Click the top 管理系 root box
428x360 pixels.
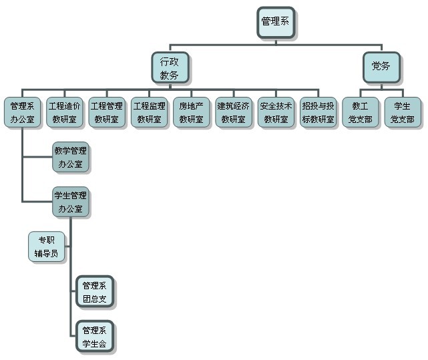tap(276, 22)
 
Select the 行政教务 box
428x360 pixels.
tap(170, 68)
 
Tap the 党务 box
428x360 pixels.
tap(381, 66)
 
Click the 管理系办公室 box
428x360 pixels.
tap(23, 113)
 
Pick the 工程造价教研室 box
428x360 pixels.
tap(65, 113)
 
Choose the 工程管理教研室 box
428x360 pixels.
tap(107, 113)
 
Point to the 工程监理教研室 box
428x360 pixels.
tap(149, 113)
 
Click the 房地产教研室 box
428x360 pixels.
tap(192, 113)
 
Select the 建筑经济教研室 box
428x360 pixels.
tap(234, 113)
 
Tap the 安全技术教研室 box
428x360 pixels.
tap(276, 113)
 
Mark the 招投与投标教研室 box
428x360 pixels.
tap(318, 113)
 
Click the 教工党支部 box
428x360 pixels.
tap(360, 113)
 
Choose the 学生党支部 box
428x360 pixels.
tap(403, 113)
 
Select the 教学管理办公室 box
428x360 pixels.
tap(70, 157)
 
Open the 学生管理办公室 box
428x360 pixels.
tap(70, 202)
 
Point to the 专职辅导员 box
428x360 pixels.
tap(47, 246)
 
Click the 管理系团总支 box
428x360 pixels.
tap(95, 292)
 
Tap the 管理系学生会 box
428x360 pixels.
tap(95, 337)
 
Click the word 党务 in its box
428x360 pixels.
tap(381, 66)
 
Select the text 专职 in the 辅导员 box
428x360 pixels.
tap(47, 240)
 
